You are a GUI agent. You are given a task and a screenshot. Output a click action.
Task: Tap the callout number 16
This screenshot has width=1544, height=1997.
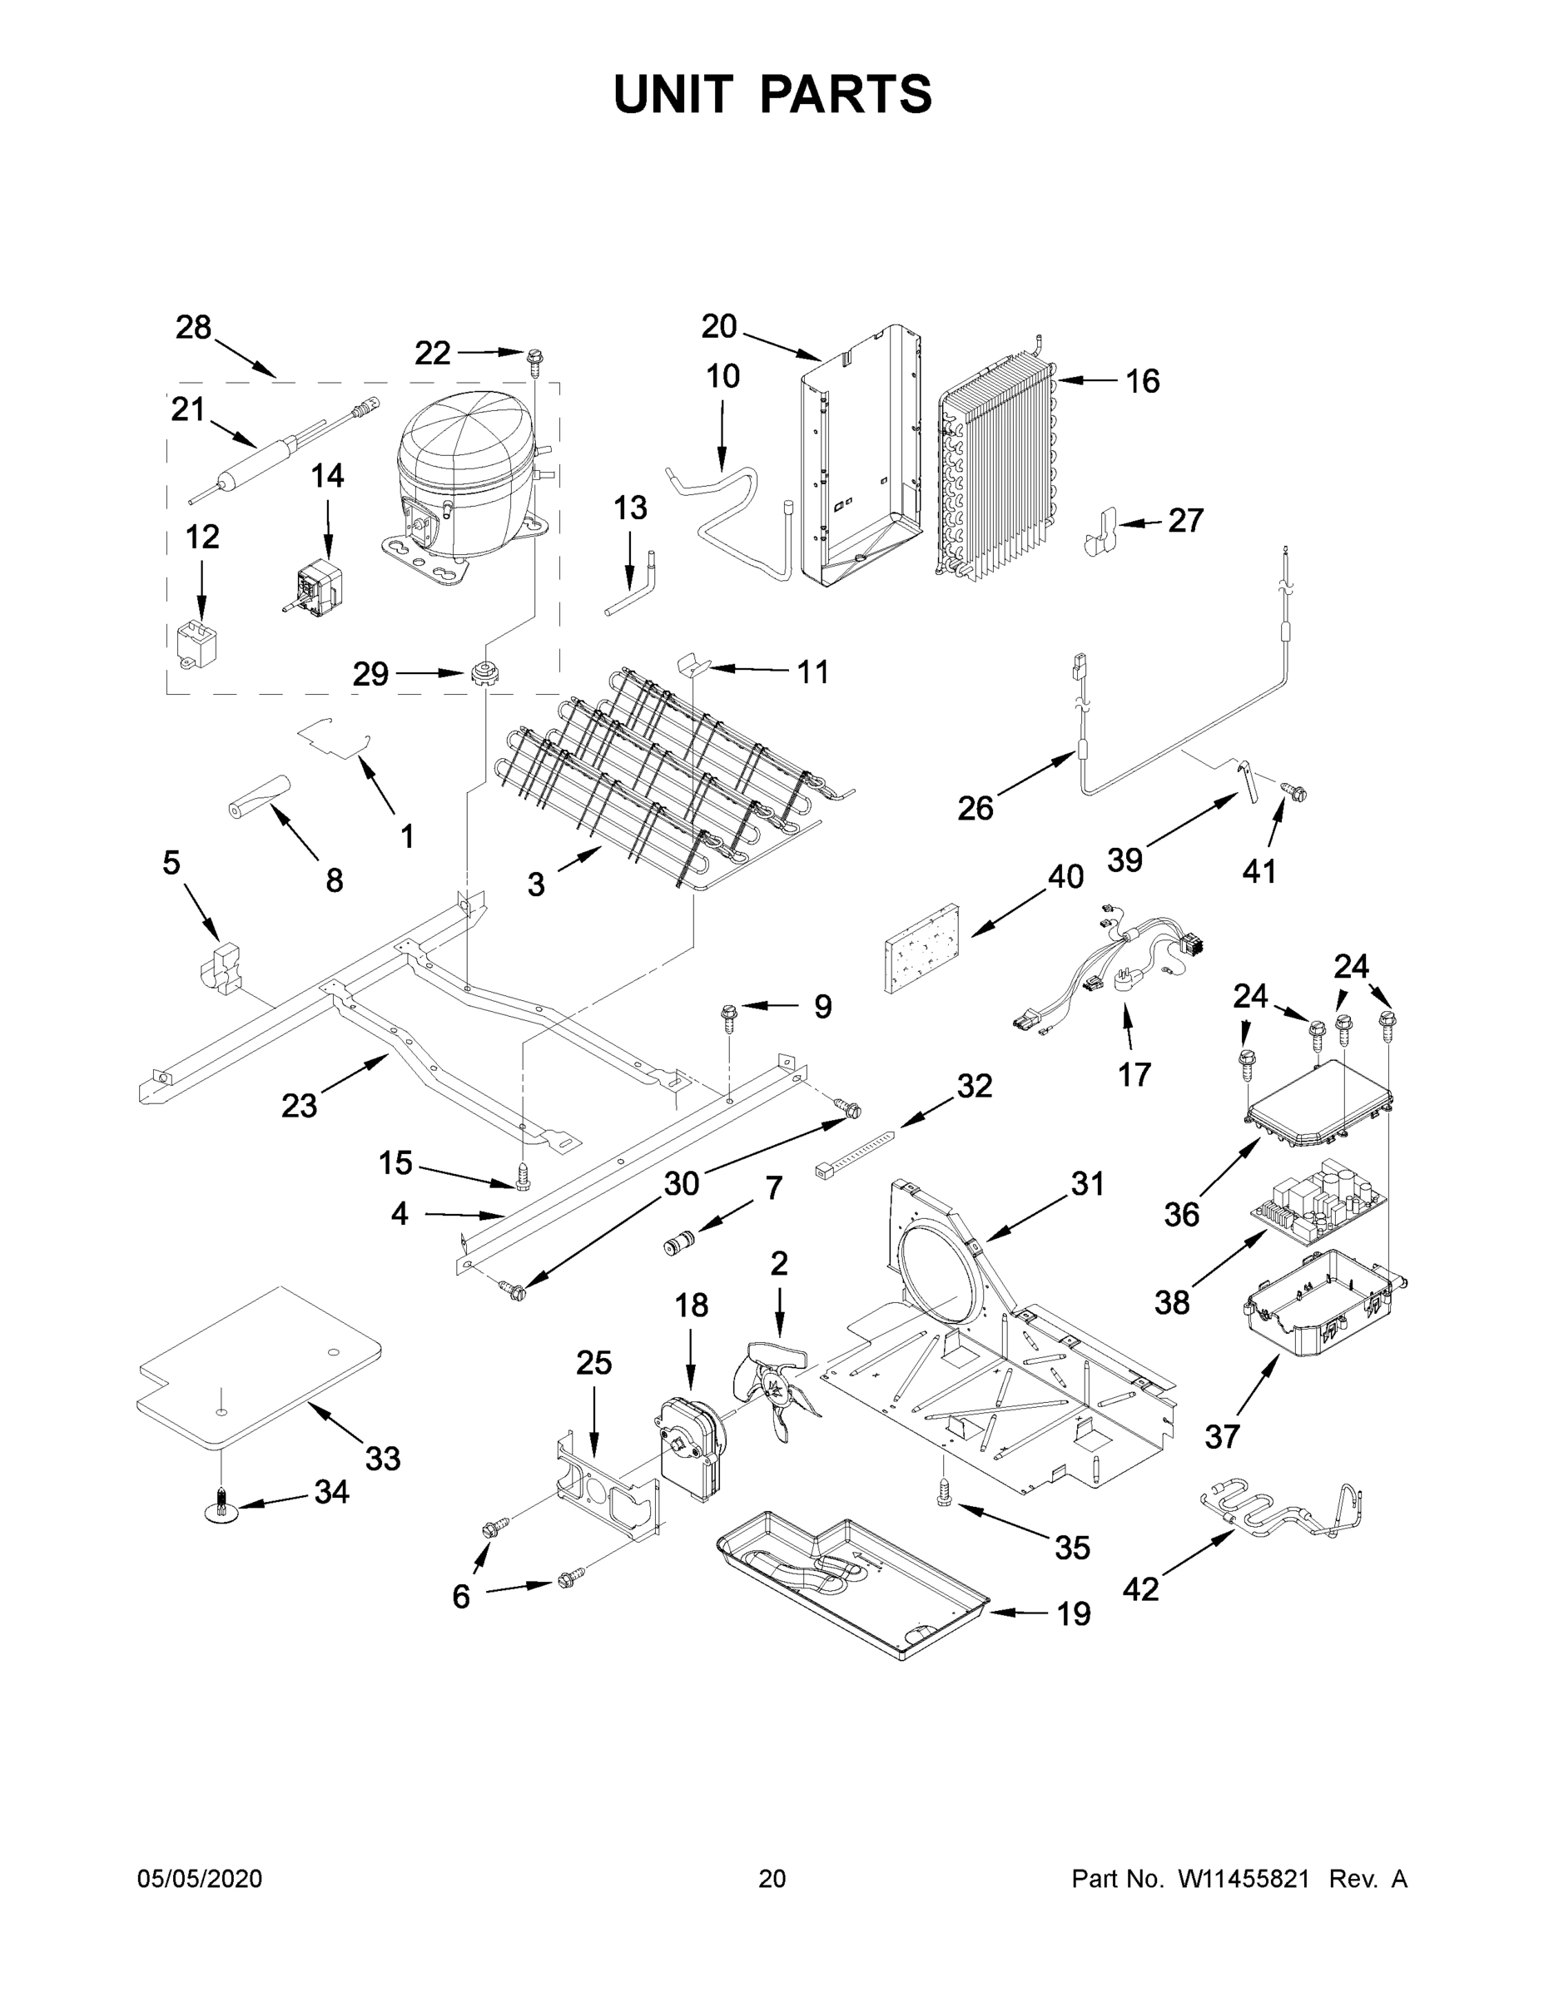click(1141, 381)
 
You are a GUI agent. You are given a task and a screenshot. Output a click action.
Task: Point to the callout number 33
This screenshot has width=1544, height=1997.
click(382, 1459)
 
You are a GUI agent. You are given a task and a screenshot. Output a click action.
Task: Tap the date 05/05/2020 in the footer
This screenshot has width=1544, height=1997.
click(200, 1879)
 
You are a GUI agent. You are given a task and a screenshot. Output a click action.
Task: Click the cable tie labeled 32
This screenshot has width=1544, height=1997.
click(852, 1153)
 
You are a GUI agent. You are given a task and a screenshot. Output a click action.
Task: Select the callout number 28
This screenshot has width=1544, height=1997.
click(193, 327)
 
